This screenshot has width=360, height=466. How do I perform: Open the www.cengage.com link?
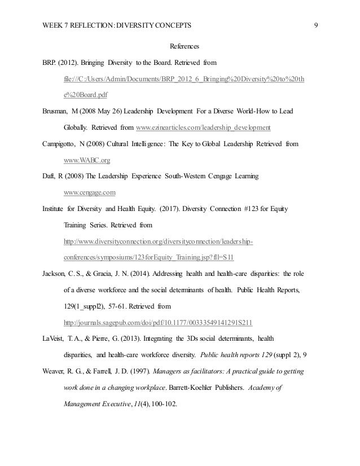[86, 192]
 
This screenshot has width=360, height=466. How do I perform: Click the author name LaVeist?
[55, 339]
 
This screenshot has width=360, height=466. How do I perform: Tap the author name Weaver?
[54, 372]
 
